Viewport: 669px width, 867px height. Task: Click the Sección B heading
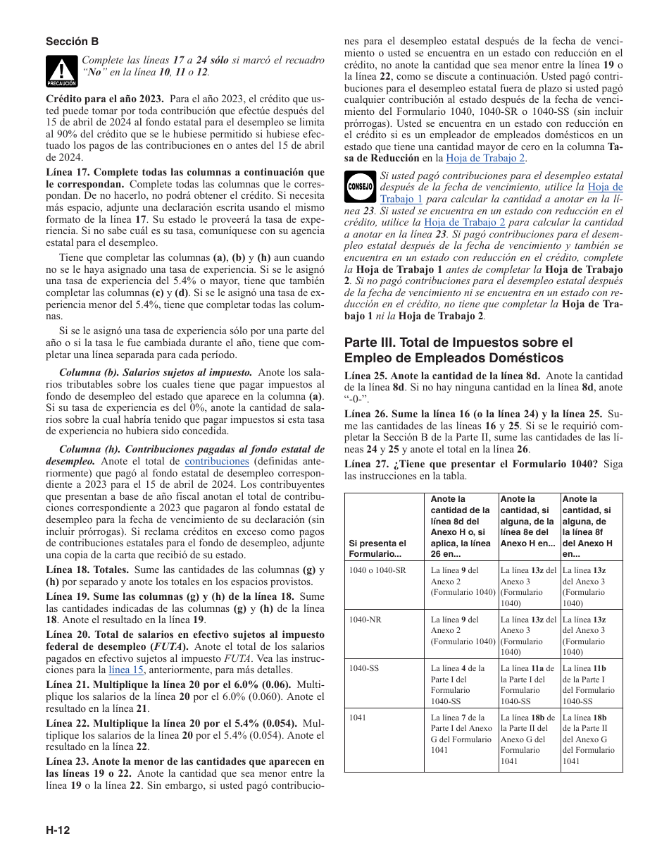tap(73, 42)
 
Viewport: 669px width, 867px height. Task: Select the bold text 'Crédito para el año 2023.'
tap(105, 99)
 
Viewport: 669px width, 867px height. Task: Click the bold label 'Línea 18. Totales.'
tap(87, 570)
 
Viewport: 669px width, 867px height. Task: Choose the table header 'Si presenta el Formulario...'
tap(378, 548)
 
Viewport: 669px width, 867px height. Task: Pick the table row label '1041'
tap(358, 718)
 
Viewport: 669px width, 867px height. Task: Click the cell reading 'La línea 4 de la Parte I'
tap(462, 684)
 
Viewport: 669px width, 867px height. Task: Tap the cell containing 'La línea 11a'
tap(529, 684)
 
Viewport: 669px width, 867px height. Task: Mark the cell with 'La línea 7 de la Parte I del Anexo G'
tap(462, 739)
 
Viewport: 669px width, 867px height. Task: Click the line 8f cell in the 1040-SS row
tap(590, 684)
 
